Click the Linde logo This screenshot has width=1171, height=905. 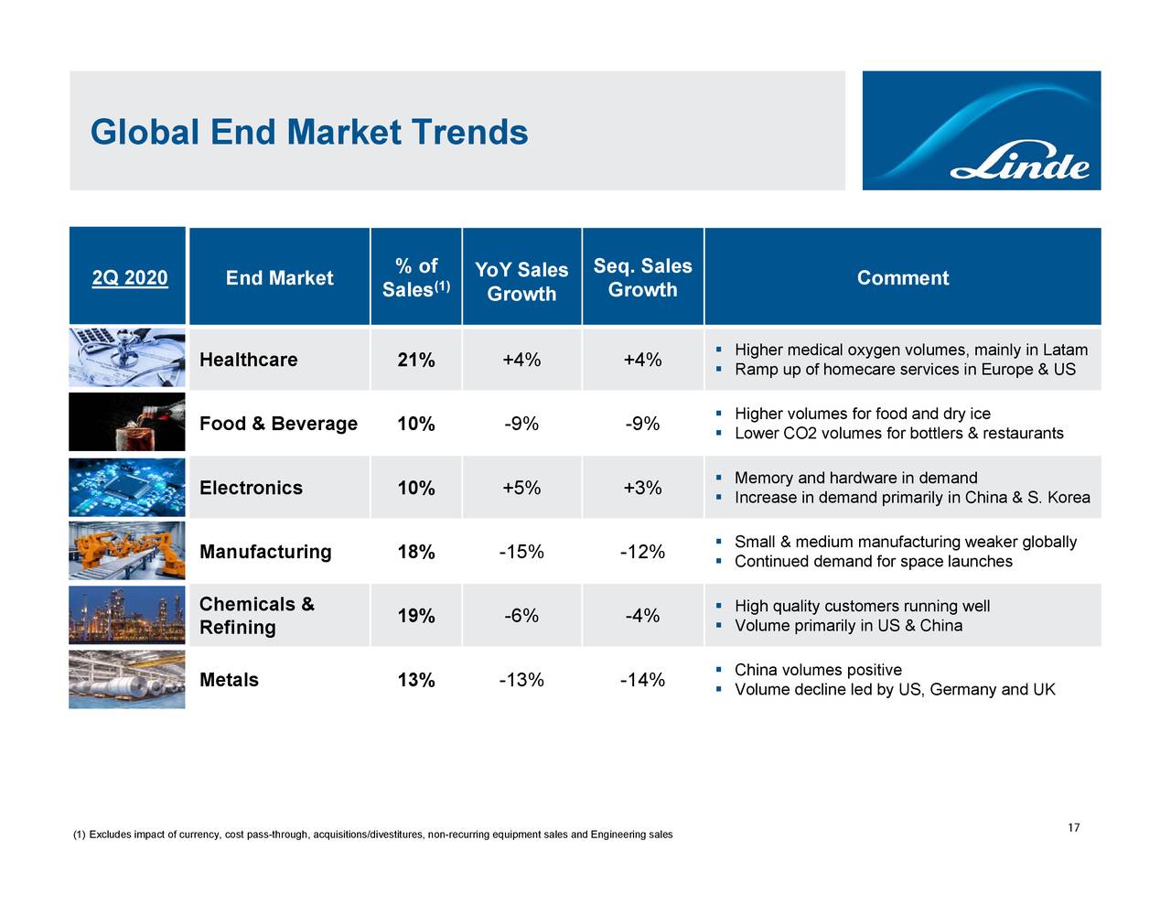[x=981, y=130]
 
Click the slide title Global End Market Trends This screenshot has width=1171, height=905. [x=309, y=133]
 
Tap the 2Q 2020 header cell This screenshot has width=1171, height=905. [x=129, y=278]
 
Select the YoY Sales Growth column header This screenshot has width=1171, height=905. [x=521, y=281]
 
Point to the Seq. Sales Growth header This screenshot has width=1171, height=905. [x=642, y=277]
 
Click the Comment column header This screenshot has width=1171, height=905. [x=902, y=278]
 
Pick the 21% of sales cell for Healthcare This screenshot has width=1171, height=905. [x=415, y=360]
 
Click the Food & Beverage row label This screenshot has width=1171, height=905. [x=278, y=424]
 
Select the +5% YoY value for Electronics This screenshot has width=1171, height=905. [x=521, y=488]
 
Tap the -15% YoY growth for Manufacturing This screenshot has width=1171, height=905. [x=521, y=552]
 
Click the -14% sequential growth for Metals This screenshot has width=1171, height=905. [x=642, y=680]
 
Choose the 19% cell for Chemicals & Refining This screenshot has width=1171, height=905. [x=415, y=616]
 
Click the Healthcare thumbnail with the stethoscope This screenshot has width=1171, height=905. [x=127, y=358]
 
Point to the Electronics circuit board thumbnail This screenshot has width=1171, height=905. [x=127, y=487]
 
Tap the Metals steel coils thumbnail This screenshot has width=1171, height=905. [x=127, y=679]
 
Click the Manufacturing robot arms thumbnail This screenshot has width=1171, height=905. [x=127, y=551]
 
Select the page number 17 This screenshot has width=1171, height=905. [x=1073, y=828]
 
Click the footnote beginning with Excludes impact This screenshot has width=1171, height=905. [x=372, y=835]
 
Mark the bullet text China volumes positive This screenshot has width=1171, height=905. [x=818, y=670]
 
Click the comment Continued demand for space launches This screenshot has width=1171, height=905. [x=873, y=561]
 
